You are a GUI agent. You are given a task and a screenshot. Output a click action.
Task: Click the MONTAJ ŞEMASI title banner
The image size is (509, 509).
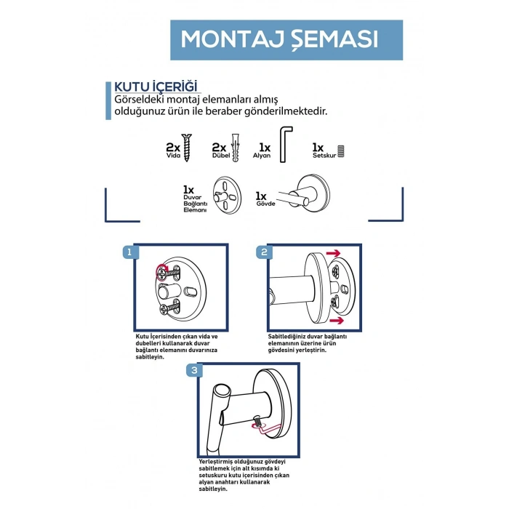(x=286, y=40)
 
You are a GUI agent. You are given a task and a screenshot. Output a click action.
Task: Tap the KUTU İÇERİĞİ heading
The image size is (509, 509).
(x=156, y=87)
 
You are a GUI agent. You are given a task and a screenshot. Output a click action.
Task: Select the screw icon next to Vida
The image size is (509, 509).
(x=186, y=148)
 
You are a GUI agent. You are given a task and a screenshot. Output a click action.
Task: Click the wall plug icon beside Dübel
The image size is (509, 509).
(x=236, y=148)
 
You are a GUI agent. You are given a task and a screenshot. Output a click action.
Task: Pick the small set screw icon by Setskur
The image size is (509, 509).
(x=340, y=151)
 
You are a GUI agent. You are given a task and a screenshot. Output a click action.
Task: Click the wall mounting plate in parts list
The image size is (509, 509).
(x=227, y=195)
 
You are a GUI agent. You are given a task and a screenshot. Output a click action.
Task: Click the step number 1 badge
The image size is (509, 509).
(x=130, y=252)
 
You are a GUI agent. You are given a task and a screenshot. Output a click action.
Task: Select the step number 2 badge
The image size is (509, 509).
(x=264, y=252)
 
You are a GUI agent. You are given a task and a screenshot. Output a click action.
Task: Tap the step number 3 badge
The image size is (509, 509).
(x=194, y=370)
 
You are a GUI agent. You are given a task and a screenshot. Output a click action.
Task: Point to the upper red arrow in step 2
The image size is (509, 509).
(x=333, y=253)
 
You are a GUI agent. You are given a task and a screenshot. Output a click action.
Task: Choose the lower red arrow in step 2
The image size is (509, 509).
(x=337, y=321)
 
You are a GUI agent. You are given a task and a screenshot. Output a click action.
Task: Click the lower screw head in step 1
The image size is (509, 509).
(x=164, y=310)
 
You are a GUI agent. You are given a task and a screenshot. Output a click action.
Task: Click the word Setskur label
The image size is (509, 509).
(x=324, y=156)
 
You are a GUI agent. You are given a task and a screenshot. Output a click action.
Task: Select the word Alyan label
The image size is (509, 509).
(x=262, y=156)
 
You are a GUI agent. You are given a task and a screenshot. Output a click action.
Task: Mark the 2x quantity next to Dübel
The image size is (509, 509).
(x=219, y=148)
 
